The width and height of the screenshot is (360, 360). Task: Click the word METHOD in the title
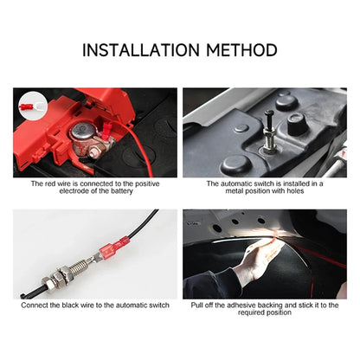pyautogui.click(x=243, y=49)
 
